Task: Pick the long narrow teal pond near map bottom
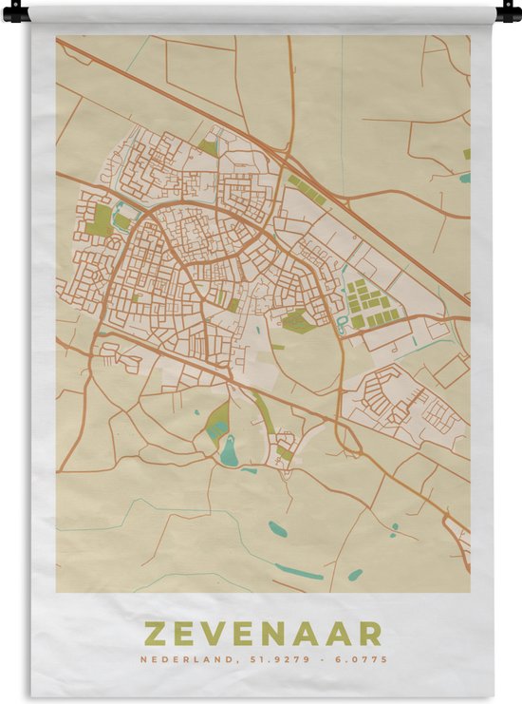click(299, 572)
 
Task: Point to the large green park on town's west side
click(101, 219)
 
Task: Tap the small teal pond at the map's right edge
click(465, 177)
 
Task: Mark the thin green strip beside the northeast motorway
click(307, 187)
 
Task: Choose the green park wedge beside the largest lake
click(217, 418)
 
